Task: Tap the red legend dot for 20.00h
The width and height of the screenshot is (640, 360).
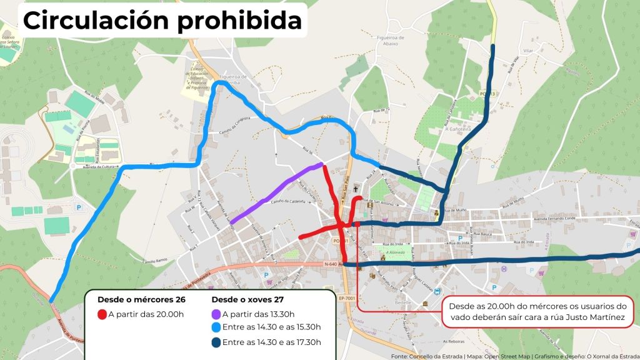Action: [x=102, y=314]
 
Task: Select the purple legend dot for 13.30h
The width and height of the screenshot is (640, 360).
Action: [x=216, y=314]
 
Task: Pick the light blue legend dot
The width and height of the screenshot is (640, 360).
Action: [x=216, y=327]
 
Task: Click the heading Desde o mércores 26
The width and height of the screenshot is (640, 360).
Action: [x=141, y=299]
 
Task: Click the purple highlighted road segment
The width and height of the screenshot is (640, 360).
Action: [x=276, y=190]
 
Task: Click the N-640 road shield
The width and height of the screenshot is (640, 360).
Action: [x=331, y=264]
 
